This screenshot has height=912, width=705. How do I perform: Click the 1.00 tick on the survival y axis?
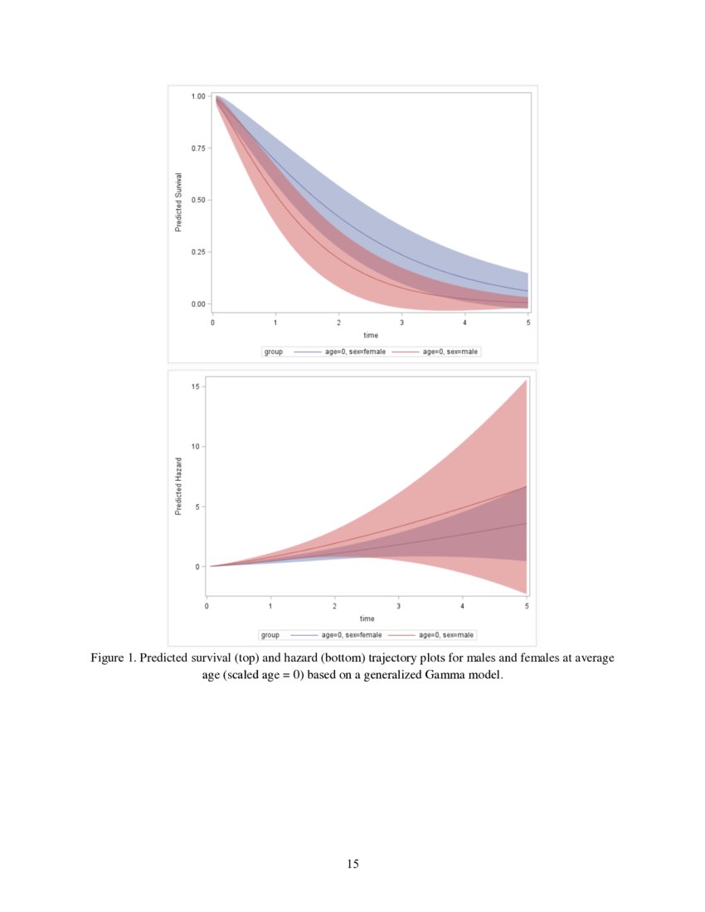tap(198, 96)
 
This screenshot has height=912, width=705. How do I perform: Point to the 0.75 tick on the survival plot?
tap(198, 148)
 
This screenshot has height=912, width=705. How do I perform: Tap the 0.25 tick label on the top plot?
tap(198, 251)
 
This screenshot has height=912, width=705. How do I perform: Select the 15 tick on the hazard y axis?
tap(193, 386)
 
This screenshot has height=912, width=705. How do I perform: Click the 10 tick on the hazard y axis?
tap(193, 446)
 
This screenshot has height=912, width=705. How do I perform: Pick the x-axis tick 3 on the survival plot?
tap(402, 322)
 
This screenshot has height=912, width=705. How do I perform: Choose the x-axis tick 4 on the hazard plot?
tap(463, 606)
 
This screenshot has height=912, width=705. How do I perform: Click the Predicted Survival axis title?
tap(178, 202)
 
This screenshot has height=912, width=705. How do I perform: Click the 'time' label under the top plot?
tap(371, 336)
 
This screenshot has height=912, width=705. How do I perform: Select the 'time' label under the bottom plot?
tap(367, 619)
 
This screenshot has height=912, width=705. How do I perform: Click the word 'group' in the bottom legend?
tap(270, 634)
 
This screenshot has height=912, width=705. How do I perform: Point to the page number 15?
tap(352, 864)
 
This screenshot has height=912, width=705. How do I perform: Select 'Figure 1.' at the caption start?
tap(114, 658)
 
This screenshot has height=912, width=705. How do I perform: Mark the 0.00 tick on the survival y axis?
tap(198, 303)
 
